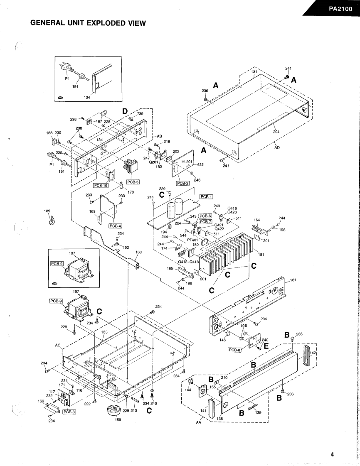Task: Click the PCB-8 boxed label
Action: tap(235, 349)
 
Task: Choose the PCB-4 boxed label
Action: tap(115, 226)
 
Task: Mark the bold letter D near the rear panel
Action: tap(125, 111)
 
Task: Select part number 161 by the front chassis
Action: tap(293, 280)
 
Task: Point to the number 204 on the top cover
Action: tap(276, 132)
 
